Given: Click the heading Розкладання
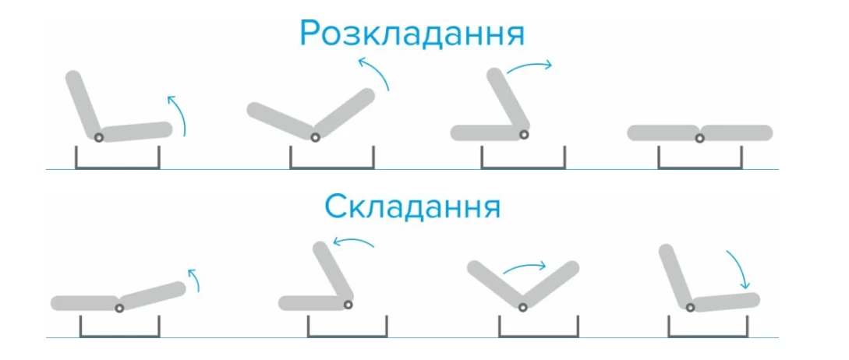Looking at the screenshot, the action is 412,34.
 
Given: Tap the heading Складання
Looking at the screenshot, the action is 412,206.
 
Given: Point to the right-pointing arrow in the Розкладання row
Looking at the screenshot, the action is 529,65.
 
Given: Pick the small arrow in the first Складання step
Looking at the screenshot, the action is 195,278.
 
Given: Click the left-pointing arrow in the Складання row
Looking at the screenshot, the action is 352,241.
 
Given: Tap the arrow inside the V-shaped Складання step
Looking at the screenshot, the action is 525,267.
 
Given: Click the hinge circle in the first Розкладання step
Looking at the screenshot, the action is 98,137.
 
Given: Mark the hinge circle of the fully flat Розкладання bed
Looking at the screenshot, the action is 699,139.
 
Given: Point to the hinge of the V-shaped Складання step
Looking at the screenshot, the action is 522,308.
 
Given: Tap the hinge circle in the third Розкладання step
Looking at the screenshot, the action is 524,134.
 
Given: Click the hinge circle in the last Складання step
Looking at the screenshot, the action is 691,308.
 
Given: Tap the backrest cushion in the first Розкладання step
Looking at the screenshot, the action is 83,104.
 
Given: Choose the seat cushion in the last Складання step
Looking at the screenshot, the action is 724,302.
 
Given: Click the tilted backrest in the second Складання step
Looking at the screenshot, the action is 332,274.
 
